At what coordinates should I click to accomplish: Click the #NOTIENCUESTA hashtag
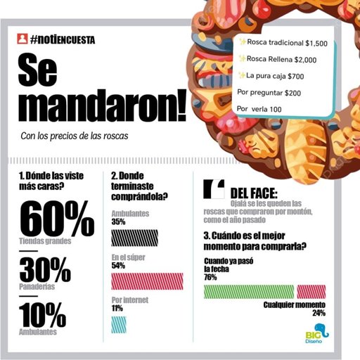(x=63, y=41)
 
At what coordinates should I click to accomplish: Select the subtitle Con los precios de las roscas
(x=75, y=136)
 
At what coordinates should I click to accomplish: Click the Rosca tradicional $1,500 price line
(x=284, y=43)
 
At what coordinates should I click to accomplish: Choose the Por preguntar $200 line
(x=269, y=92)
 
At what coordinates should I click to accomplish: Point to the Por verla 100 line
(x=259, y=109)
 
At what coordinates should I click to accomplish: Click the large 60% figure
(x=57, y=219)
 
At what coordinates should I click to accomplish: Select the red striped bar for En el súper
(x=147, y=281)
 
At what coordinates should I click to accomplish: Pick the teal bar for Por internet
(x=119, y=323)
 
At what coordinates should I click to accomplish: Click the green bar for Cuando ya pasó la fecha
(x=249, y=291)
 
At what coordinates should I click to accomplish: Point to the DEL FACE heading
(x=254, y=193)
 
